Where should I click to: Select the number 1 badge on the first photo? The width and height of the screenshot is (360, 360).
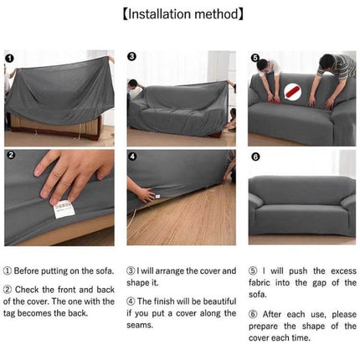(10, 58)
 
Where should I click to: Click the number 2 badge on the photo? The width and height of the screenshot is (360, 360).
(10, 155)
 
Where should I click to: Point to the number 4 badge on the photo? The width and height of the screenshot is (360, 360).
(132, 155)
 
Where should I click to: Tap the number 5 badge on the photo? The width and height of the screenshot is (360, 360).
(255, 58)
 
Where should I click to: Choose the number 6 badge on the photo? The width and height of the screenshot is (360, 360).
(255, 156)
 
